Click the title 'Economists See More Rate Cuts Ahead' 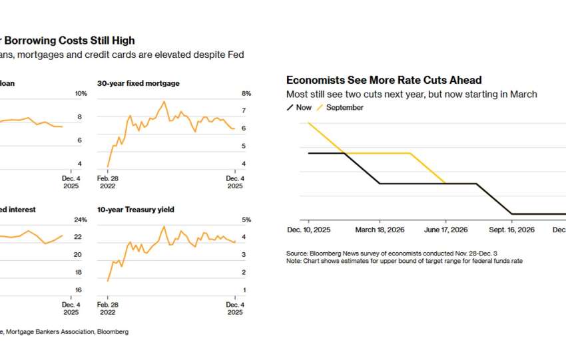pyautogui.click(x=384, y=81)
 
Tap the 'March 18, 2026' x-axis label pyautogui.click(x=379, y=230)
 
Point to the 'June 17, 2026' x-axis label pyautogui.click(x=445, y=230)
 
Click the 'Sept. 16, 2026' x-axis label pyautogui.click(x=512, y=230)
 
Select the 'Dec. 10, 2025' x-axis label pyautogui.click(x=309, y=230)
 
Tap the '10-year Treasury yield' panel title pyautogui.click(x=136, y=210)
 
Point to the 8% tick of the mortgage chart pyautogui.click(x=246, y=94)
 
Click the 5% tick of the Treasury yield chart pyautogui.click(x=246, y=220)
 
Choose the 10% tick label pyautogui.click(x=81, y=94)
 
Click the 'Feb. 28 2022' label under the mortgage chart pyautogui.click(x=108, y=182)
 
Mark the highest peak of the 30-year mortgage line pyautogui.click(x=164, y=102)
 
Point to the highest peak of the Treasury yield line pyautogui.click(x=163, y=226)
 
